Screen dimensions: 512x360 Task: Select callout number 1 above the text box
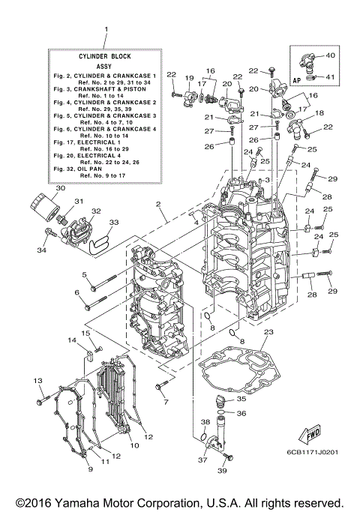pyautogui.click(x=106, y=30)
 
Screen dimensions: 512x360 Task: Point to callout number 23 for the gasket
pyautogui.click(x=269, y=332)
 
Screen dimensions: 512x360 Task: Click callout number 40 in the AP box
pyautogui.click(x=331, y=55)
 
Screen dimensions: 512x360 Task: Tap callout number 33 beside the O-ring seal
pyautogui.click(x=113, y=223)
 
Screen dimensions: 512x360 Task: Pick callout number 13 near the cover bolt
pyautogui.click(x=36, y=382)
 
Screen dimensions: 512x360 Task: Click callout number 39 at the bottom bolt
pyautogui.click(x=221, y=471)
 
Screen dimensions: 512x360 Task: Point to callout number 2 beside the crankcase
pyautogui.click(x=158, y=204)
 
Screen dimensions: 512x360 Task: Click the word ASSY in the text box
pyautogui.click(x=106, y=66)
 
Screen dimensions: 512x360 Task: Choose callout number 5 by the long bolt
pyautogui.click(x=85, y=274)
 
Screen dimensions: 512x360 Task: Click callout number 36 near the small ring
pyautogui.click(x=241, y=413)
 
